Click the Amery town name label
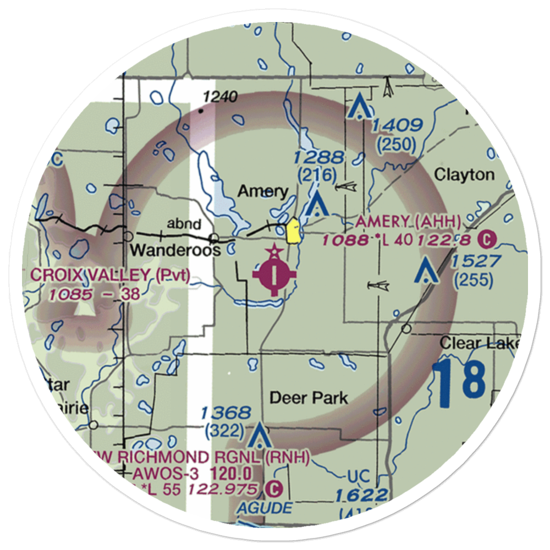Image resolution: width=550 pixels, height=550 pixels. pos(263,191)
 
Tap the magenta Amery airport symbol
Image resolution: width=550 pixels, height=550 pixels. pos(274,273)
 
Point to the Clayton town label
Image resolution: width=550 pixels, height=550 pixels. pos(464,175)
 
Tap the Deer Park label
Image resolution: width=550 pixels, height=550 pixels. pos(309,398)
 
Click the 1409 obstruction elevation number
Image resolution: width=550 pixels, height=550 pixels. pos(397,126)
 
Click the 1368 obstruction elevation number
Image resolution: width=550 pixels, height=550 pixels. pos(226,413)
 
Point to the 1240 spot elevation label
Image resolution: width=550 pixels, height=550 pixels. pos(219,98)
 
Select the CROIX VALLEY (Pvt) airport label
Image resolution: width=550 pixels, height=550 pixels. pos(110,276)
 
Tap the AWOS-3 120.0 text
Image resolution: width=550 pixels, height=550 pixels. pos(192,473)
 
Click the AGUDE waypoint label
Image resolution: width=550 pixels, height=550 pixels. pos(265,508)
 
